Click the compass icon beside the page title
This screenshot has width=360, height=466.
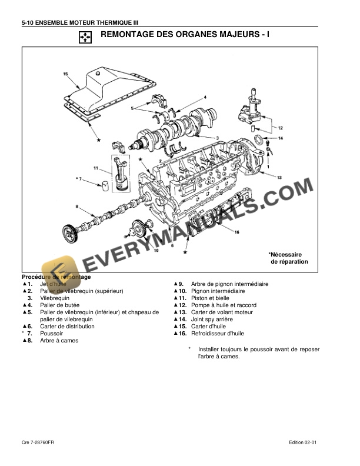(x=85, y=38)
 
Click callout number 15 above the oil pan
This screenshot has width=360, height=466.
(x=65, y=74)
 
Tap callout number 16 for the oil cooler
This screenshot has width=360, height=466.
(x=236, y=232)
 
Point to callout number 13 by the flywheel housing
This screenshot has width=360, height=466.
(x=279, y=177)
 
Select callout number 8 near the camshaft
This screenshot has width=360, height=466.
(x=76, y=206)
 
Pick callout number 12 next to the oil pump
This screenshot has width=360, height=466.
(x=281, y=128)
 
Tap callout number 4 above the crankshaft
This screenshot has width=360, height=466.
(x=205, y=96)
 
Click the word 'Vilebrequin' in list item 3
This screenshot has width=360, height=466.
(x=55, y=298)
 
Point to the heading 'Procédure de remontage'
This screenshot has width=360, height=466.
(x=56, y=277)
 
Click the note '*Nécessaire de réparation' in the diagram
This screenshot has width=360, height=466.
(x=288, y=257)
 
